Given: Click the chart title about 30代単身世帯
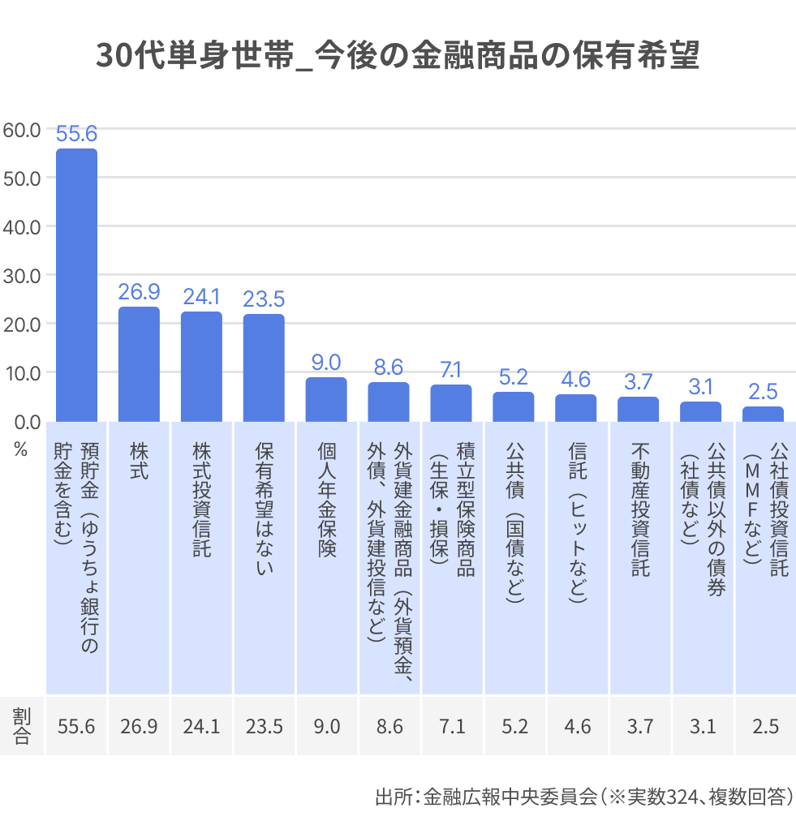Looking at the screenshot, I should pos(398,57).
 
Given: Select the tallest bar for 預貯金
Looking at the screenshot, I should pos(76,284).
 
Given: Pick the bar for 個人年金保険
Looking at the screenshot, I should pos(326,399).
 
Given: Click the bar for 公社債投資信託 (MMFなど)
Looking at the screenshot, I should pos(763,414).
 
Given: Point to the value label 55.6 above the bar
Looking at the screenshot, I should pos(76,135).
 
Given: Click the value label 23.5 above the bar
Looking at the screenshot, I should pos(264,299).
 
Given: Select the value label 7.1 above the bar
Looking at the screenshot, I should pos(451,370).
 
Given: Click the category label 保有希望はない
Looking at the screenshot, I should pos(264,507).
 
